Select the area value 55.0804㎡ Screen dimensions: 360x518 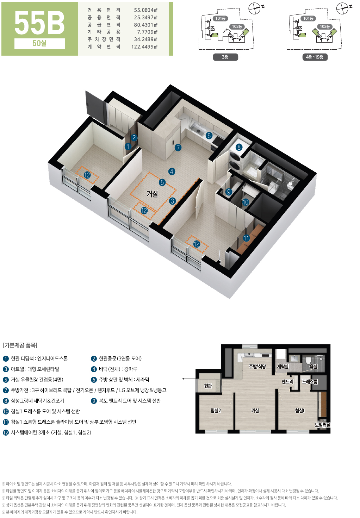tap(145, 10)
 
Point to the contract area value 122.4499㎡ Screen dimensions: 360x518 tap(144, 47)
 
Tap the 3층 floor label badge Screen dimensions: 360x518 tap(225, 57)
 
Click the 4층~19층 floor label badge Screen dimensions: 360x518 tap(315, 57)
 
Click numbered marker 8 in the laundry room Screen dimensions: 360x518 tap(239, 147)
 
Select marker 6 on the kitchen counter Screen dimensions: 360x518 tap(209, 136)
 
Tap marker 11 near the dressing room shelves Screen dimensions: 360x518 tap(247, 238)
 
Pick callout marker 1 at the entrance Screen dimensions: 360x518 tap(128, 146)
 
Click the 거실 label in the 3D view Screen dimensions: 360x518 tap(152, 194)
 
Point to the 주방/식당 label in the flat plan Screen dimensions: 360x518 tap(257, 366)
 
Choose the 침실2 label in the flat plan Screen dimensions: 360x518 tap(215, 411)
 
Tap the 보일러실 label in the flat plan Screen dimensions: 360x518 tap(323, 425)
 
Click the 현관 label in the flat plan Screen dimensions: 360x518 tap(208, 386)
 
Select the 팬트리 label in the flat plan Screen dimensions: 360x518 tap(287, 382)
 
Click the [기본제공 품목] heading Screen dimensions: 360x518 tap(20, 345)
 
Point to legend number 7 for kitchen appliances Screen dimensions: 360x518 tap(6, 391)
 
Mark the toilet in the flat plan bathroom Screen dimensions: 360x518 tap(308, 360)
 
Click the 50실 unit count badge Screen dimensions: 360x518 tap(39, 43)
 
